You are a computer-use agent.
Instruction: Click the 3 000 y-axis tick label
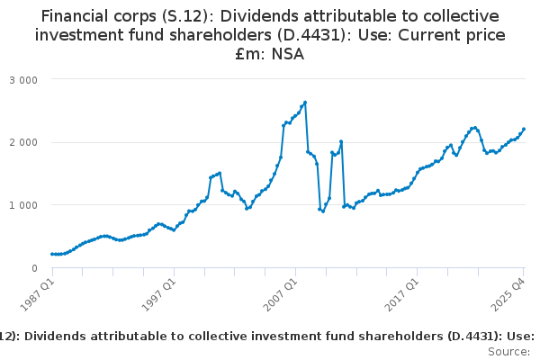pyautogui.click(x=23, y=79)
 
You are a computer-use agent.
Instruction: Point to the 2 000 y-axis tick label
pyautogui.click(x=23, y=142)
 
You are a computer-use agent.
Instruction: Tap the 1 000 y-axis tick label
pyautogui.click(x=23, y=205)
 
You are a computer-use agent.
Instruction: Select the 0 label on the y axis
pyautogui.click(x=33, y=268)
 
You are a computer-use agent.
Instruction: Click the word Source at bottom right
pyautogui.click(x=510, y=352)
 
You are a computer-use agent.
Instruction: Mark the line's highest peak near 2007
pyautogui.click(x=306, y=103)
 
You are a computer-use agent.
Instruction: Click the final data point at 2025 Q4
pyautogui.click(x=524, y=129)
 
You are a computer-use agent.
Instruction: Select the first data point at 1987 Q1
pyautogui.click(x=52, y=255)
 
